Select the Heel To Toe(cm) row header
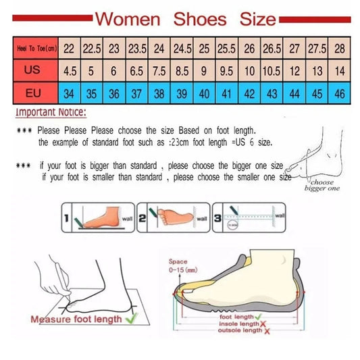click(x=35, y=49)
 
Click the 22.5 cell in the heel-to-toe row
click(x=91, y=49)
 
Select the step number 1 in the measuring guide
click(x=68, y=219)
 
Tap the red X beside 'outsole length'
click(x=267, y=332)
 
